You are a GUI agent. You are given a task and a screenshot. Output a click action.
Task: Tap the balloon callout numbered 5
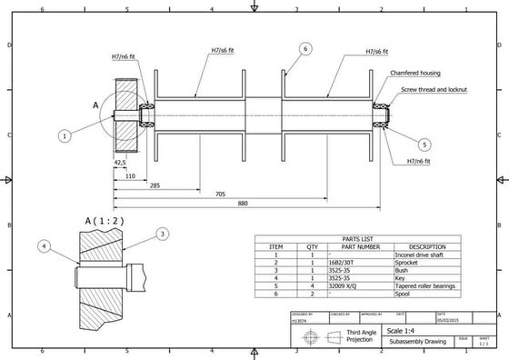pyautogui.click(x=425, y=143)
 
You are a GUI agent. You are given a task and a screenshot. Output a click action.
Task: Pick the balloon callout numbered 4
pyautogui.click(x=45, y=245)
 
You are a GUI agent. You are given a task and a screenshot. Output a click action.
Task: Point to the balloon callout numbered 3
pyautogui.click(x=162, y=234)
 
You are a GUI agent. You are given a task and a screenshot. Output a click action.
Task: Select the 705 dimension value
pyautogui.click(x=220, y=194)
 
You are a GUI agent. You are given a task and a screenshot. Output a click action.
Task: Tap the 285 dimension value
pyautogui.click(x=155, y=185)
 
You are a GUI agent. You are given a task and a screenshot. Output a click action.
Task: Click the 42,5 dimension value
pyautogui.click(x=119, y=164)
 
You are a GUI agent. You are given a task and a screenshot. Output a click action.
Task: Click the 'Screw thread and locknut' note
pyautogui.click(x=432, y=90)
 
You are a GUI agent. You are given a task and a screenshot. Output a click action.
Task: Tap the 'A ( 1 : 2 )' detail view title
pyautogui.click(x=105, y=221)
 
